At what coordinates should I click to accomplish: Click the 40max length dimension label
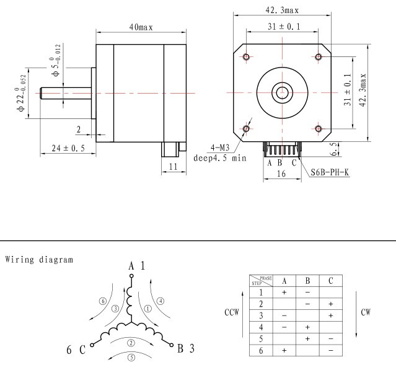(x=141, y=27)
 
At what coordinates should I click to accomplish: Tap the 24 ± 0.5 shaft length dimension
(x=68, y=148)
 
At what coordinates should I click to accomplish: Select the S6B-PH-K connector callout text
(x=330, y=172)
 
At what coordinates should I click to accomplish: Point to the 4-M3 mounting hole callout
(x=220, y=148)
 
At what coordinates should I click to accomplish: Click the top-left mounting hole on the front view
(x=246, y=56)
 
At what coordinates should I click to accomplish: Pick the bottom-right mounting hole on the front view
(x=318, y=129)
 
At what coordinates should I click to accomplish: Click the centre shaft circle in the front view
(x=282, y=93)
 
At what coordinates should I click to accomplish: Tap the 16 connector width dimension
(x=281, y=174)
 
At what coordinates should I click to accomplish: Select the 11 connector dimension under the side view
(x=174, y=167)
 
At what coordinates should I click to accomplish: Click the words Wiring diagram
(x=39, y=260)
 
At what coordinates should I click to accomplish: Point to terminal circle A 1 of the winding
(x=131, y=276)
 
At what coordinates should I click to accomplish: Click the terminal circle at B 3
(x=171, y=345)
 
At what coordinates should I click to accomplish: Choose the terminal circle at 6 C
(x=92, y=345)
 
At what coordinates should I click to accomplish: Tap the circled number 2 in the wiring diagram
(x=131, y=343)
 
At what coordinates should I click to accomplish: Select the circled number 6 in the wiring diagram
(x=102, y=301)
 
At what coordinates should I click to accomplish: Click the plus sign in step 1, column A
(x=284, y=292)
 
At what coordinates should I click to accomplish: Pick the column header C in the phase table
(x=330, y=281)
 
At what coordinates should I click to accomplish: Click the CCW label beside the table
(x=232, y=312)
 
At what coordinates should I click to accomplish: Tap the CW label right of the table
(x=366, y=312)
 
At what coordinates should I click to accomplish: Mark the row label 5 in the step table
(x=261, y=338)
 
